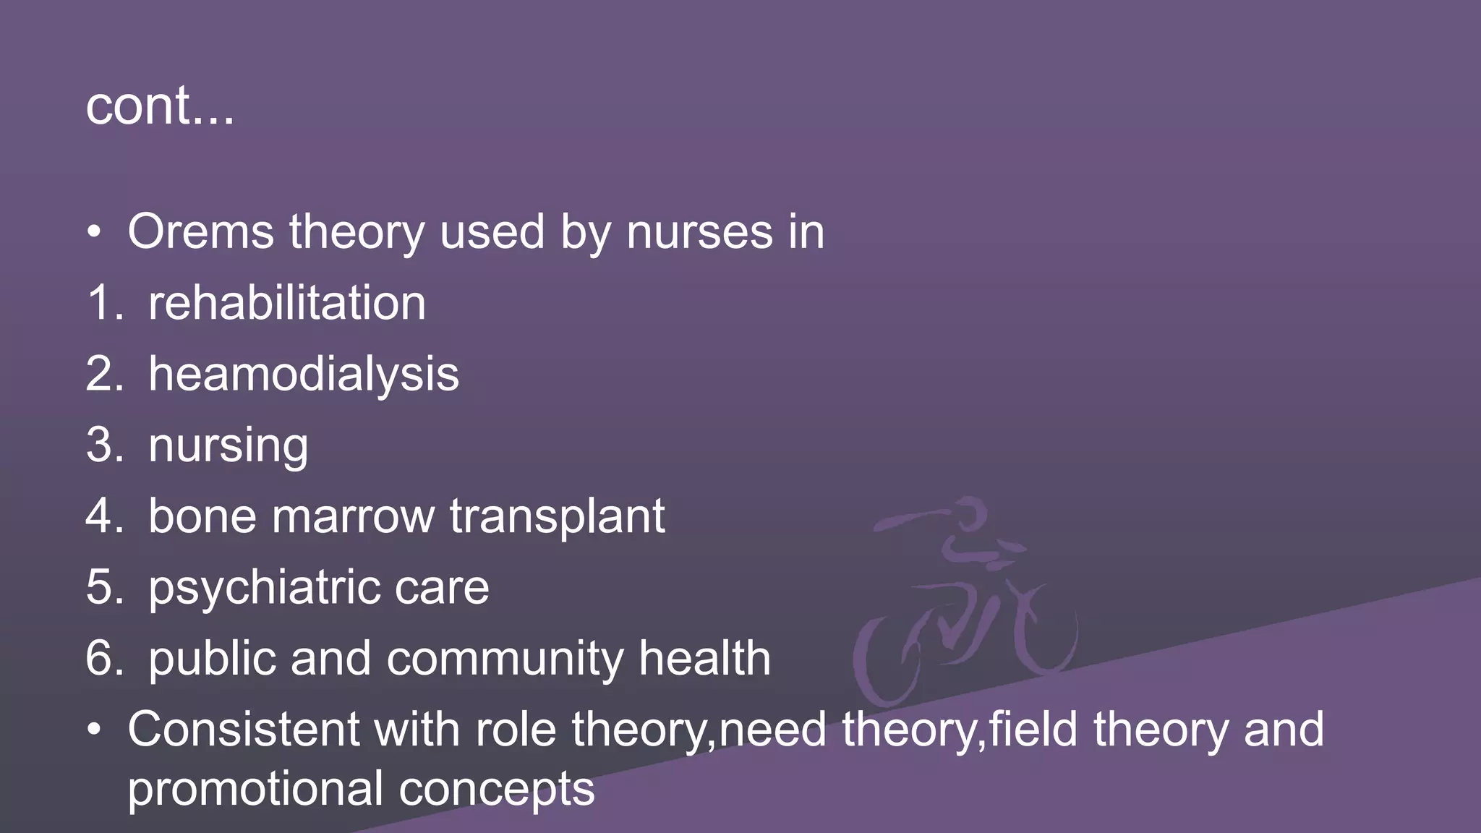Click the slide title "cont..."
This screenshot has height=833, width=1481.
[x=160, y=106]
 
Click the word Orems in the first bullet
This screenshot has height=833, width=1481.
[x=200, y=232]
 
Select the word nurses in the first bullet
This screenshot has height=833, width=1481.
[x=699, y=232]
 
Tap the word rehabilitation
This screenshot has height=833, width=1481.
[x=287, y=303]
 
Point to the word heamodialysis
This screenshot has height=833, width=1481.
[x=304, y=375]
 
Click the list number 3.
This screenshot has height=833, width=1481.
[x=101, y=445]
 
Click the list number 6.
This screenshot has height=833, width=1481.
[x=101, y=659]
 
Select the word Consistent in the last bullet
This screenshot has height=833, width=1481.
[x=243, y=729]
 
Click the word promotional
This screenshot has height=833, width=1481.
[x=255, y=788]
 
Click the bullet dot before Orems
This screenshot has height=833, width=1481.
[x=94, y=233]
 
